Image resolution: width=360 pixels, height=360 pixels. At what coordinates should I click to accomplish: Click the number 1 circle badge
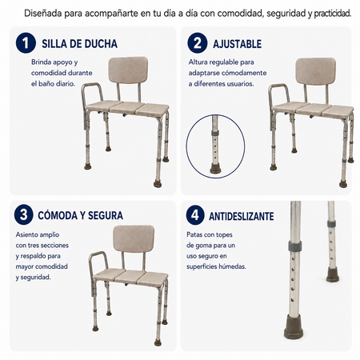click(x=26, y=43)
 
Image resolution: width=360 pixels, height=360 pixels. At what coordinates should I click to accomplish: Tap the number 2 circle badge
click(x=198, y=43)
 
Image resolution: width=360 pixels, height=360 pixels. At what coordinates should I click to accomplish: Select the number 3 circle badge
click(x=24, y=214)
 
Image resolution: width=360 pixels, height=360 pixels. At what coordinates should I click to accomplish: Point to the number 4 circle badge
click(x=195, y=215)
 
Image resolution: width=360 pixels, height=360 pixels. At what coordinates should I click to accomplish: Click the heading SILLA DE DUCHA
click(x=79, y=44)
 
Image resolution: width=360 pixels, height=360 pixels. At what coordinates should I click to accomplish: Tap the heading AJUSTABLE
click(x=237, y=44)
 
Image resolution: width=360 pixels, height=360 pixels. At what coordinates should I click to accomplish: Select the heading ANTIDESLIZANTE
click(x=242, y=216)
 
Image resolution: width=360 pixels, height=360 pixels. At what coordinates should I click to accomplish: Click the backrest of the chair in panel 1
click(x=128, y=70)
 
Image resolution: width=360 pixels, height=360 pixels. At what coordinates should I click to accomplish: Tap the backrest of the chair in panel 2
click(x=316, y=71)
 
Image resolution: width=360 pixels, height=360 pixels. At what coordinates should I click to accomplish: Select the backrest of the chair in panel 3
click(x=134, y=238)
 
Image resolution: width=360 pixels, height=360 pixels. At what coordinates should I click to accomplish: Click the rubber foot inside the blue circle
click(x=215, y=168)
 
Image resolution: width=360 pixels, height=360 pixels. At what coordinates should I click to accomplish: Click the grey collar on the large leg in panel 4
click(x=295, y=246)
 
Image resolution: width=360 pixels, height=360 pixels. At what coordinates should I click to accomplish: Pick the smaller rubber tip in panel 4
click(x=333, y=274)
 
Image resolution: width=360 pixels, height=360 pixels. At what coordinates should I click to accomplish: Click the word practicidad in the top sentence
click(x=332, y=14)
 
